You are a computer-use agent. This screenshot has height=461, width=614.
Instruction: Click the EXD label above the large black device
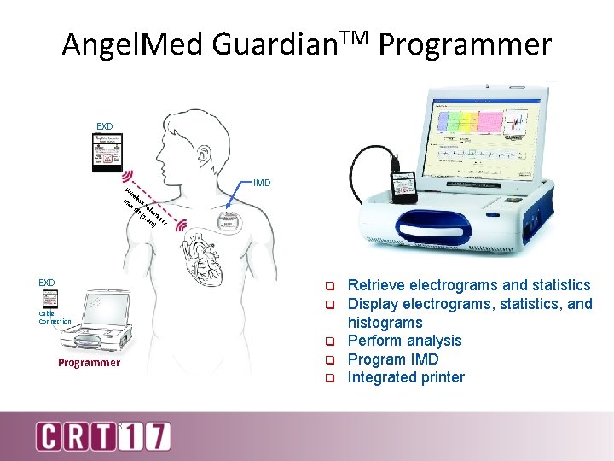pos(105,128)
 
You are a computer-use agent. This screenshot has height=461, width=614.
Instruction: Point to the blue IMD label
pos(262,183)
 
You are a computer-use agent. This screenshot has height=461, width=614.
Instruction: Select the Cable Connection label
pos(55,317)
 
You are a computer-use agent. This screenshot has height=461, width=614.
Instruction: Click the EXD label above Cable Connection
pos(47,282)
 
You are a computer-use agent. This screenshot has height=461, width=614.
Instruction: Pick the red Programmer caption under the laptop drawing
pos(90,363)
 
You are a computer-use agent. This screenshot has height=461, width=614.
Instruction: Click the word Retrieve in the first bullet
pos(379,285)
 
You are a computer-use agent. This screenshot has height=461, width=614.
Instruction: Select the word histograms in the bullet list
pos(385,323)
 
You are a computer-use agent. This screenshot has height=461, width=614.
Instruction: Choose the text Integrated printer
pos(406,377)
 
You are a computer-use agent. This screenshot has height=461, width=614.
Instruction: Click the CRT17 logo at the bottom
pos(103,435)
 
